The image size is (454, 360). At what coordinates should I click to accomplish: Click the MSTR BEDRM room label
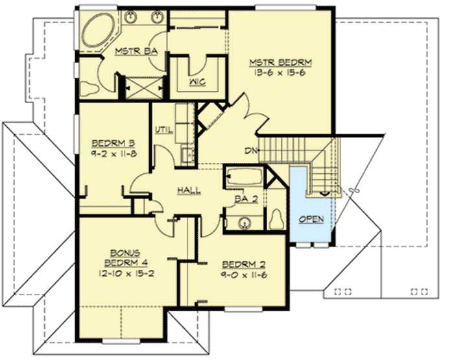(281, 62)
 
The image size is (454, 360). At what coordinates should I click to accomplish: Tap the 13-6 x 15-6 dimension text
(281, 73)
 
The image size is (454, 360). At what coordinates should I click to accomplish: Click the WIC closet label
(198, 82)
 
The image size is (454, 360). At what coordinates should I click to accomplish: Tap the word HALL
(188, 189)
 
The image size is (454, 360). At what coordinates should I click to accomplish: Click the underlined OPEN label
(311, 219)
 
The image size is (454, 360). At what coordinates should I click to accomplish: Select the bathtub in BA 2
(244, 176)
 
